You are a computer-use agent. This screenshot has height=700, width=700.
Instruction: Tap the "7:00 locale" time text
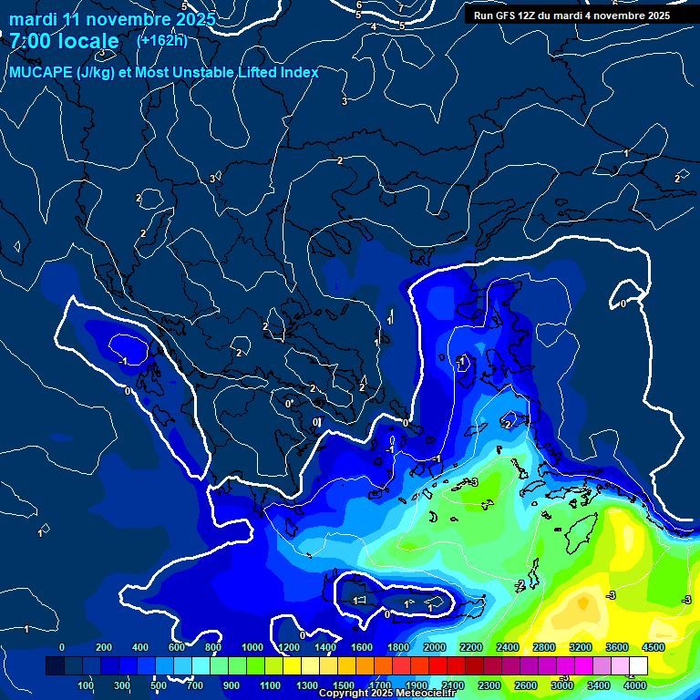65,41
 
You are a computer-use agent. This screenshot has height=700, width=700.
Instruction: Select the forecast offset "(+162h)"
162,40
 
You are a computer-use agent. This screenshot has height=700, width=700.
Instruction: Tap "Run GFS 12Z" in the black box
505,15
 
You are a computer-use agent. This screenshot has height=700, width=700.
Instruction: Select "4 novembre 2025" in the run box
624,15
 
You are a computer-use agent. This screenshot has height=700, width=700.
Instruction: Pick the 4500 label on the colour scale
653,647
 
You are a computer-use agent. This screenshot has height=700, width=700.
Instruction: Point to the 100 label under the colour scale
86,685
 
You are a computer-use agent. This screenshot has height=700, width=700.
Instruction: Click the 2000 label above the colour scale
435,647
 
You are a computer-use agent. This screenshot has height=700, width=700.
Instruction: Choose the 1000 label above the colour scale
252,647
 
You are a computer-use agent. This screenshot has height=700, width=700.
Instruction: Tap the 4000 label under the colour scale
635,685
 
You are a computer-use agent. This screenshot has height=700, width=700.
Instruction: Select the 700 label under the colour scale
196,685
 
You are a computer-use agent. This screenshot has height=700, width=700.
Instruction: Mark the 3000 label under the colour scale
562,685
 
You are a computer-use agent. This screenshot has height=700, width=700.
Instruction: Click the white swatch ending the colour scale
638,666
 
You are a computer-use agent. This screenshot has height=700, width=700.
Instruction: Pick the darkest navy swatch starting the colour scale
54,666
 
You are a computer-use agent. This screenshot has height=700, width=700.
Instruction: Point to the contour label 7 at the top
400,8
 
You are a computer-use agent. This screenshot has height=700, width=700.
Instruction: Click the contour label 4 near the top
374,27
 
